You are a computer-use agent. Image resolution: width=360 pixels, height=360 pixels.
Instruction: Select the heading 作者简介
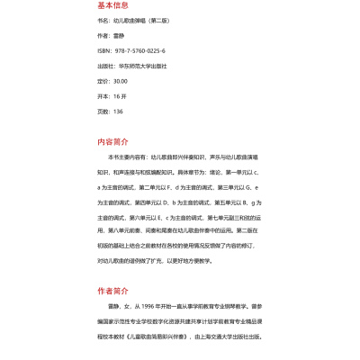point(112,291)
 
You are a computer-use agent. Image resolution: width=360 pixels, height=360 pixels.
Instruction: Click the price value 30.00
point(120,81)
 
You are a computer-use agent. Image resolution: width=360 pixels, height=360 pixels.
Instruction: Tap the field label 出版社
point(104,66)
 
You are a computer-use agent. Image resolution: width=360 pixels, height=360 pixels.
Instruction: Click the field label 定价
point(102,81)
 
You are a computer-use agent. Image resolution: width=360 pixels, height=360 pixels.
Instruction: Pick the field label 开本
point(102,95)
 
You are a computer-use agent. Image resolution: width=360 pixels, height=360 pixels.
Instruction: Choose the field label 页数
point(102,111)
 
